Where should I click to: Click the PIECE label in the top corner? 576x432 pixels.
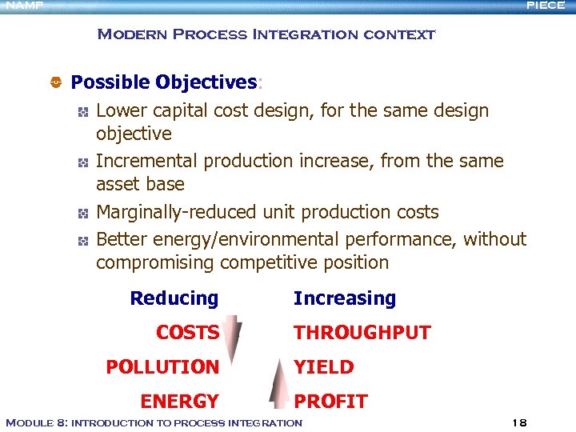point(545,6)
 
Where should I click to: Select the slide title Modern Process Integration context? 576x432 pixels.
point(266,34)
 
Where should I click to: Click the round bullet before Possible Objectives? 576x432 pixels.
point(56,82)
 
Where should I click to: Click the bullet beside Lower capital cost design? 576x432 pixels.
point(82,111)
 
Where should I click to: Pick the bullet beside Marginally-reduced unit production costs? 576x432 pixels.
point(82,213)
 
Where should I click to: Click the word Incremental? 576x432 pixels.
point(147,161)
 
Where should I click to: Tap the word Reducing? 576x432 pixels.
point(174,298)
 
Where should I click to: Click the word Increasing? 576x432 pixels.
point(344,298)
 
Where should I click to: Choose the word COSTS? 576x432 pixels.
point(187,333)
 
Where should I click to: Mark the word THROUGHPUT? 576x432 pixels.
point(362,333)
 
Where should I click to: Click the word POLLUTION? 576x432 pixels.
point(162,367)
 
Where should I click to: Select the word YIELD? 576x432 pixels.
point(323,367)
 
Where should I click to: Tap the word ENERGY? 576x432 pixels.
point(179,402)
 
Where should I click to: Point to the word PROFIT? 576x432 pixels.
point(330,402)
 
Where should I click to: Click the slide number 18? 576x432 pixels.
point(518,422)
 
